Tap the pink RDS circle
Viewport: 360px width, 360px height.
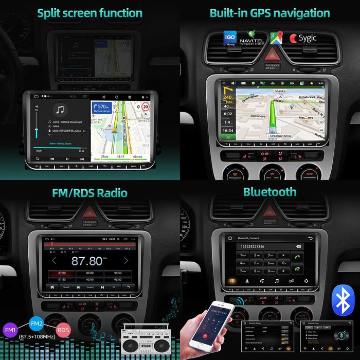(x=63, y=330)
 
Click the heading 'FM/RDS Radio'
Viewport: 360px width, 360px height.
(x=90, y=193)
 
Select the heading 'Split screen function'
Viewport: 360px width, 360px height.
(x=89, y=13)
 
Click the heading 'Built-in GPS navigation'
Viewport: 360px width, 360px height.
(x=269, y=13)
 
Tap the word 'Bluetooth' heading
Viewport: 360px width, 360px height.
(x=270, y=192)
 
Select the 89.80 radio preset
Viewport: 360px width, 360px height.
(x=89, y=273)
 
